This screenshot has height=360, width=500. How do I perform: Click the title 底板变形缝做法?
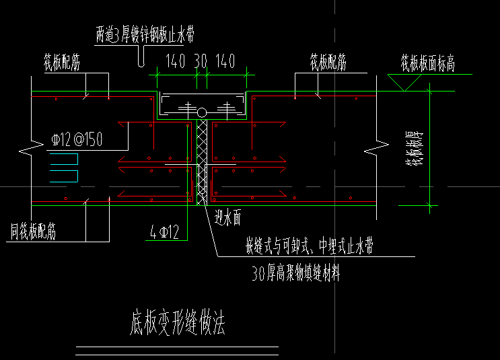[174, 324]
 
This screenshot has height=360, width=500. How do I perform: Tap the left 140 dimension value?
[174, 62]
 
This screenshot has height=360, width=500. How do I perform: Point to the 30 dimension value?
[201, 62]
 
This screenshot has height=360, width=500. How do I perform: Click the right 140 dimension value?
[225, 62]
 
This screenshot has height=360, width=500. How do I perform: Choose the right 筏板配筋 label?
[328, 64]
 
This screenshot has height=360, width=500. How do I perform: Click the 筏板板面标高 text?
[428, 64]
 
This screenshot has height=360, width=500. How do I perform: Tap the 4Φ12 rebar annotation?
[165, 233]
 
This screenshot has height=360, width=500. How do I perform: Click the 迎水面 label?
[227, 217]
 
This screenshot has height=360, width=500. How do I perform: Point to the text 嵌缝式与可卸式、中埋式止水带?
[309, 247]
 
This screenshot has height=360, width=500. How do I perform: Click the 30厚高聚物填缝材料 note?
[295, 274]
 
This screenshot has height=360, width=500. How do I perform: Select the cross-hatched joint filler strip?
[201, 161]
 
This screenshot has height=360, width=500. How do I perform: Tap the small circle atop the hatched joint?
[201, 112]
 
